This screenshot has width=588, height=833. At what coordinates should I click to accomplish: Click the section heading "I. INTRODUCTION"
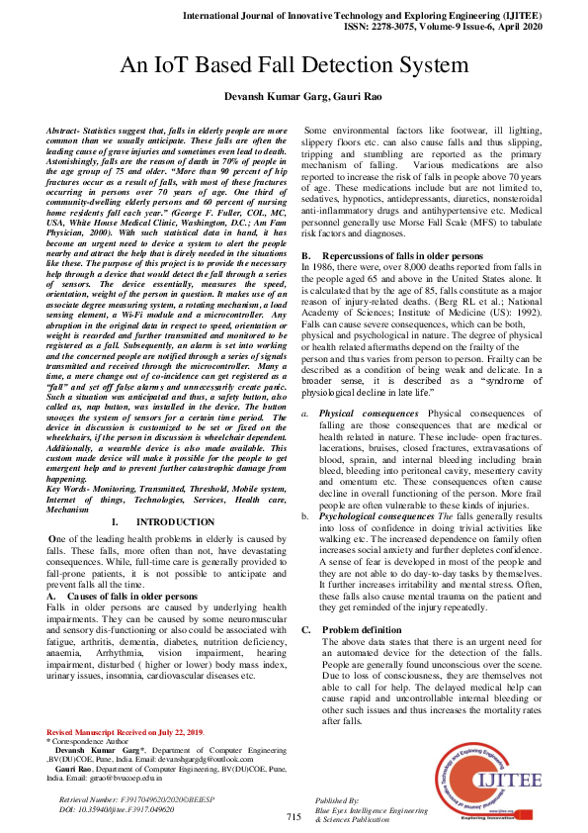159,521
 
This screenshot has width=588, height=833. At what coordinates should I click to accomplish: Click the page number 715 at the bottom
294,817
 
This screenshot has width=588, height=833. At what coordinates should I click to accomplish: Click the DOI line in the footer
118,808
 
